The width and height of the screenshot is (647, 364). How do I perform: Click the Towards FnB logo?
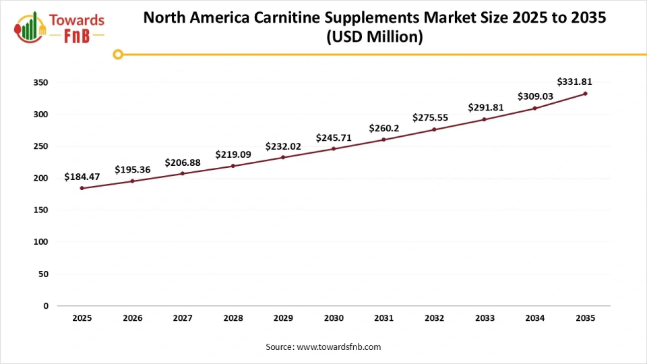59,28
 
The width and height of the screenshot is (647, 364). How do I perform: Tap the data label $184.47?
82,177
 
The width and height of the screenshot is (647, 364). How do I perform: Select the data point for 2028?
233,166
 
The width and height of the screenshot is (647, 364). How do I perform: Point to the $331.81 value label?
574,82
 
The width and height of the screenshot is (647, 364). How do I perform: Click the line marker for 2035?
585,94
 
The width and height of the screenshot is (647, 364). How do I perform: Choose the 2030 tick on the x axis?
334,318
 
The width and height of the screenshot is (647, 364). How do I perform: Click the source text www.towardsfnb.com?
339,346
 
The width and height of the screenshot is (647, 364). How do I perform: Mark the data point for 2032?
434,129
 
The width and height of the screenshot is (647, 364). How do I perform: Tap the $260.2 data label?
383,128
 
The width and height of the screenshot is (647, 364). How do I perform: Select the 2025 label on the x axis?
82,318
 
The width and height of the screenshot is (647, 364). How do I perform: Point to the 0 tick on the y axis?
46,306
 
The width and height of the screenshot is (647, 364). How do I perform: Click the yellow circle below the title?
118,55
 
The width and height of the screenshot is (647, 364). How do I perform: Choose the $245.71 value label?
334,138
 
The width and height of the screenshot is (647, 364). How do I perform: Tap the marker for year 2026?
132,181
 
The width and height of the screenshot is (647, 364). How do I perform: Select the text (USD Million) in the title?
374,38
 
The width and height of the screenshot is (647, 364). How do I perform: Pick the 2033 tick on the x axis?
485,318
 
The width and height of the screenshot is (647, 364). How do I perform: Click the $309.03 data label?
535,96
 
